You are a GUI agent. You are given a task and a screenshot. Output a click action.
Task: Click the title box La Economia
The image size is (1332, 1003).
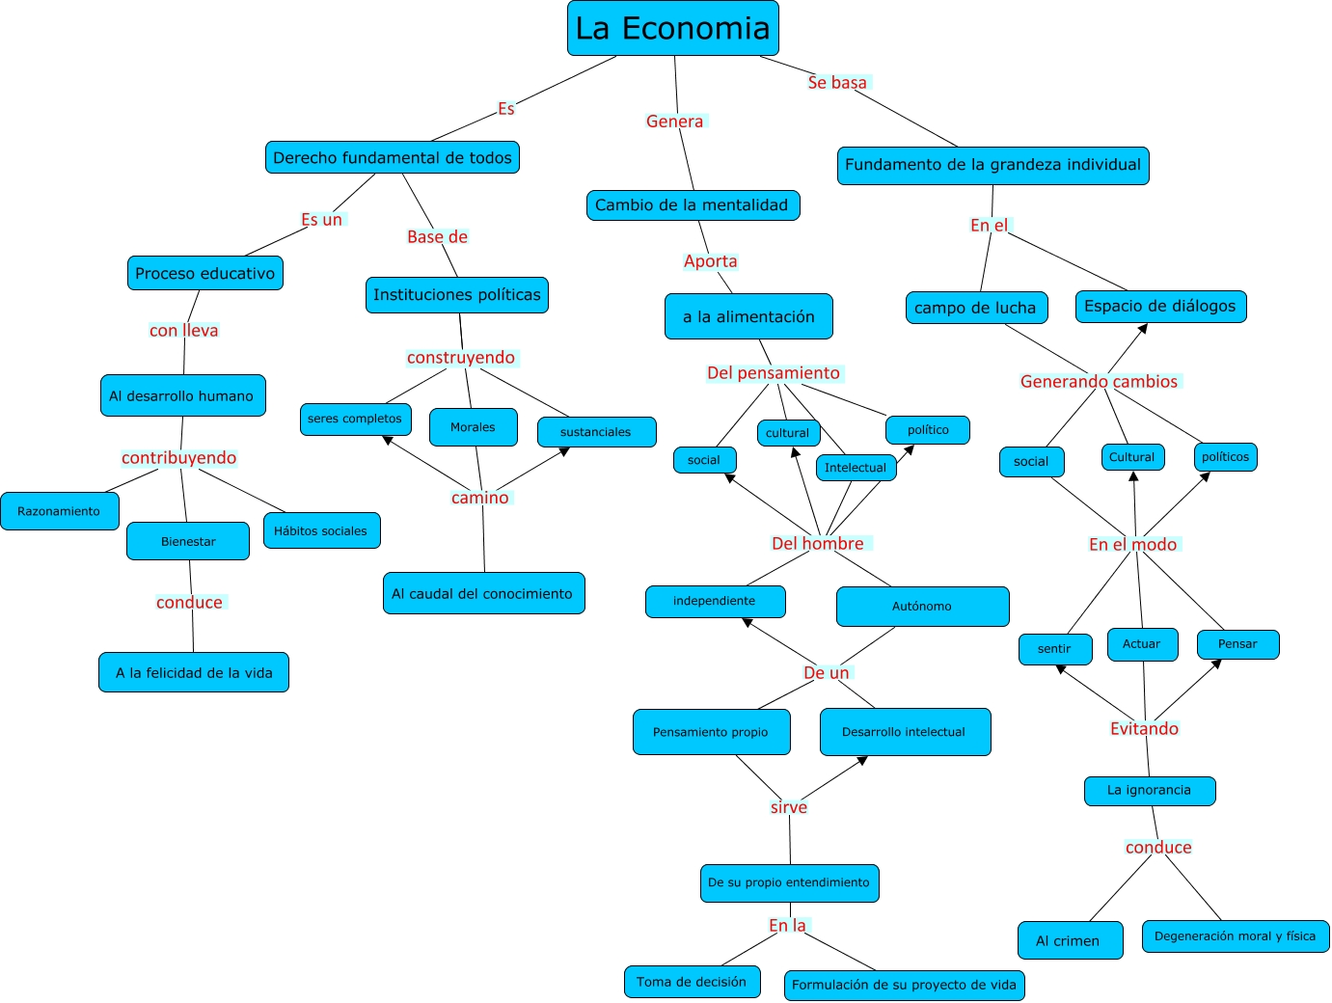[x=672, y=29]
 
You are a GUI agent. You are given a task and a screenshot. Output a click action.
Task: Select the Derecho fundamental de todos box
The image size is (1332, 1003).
[x=393, y=158]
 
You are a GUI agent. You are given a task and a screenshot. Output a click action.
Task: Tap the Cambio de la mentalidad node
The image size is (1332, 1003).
[x=693, y=205]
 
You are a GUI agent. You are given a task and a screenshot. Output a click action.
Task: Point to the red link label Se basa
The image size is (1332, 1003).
[x=837, y=83]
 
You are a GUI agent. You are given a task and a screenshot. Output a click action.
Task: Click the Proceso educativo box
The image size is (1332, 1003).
[x=205, y=274]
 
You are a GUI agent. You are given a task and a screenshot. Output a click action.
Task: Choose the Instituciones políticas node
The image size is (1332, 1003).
[x=457, y=295]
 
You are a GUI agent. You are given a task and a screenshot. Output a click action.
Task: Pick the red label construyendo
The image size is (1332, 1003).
[x=461, y=358]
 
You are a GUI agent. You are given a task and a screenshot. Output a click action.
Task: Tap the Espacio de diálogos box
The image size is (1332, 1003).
[x=1160, y=307]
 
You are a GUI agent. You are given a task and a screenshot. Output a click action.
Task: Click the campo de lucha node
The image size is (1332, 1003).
[x=976, y=308]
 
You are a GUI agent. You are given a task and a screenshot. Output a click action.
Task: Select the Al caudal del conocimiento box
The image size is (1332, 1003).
[x=483, y=594]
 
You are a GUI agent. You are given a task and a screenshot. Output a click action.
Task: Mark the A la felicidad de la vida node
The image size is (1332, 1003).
[x=194, y=673]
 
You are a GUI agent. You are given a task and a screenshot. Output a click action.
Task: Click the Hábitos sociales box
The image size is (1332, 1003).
[x=321, y=531]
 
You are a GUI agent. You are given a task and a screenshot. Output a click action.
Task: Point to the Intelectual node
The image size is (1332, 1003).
[x=856, y=468]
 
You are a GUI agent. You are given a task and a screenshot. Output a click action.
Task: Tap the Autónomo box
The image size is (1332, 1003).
[x=922, y=607]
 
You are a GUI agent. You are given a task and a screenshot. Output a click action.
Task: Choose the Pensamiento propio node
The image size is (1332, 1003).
[x=711, y=733]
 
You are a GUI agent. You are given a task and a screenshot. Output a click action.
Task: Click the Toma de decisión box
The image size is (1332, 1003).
[x=692, y=983]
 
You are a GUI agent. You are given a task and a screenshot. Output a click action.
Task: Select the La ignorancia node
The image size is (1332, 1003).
[x=1149, y=791]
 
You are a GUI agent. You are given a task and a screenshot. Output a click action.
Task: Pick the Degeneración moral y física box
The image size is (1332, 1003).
[x=1235, y=936]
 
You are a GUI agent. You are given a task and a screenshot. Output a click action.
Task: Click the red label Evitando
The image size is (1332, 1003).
[x=1144, y=729]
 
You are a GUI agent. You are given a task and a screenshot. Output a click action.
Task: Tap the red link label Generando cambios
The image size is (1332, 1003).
[x=1099, y=382]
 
